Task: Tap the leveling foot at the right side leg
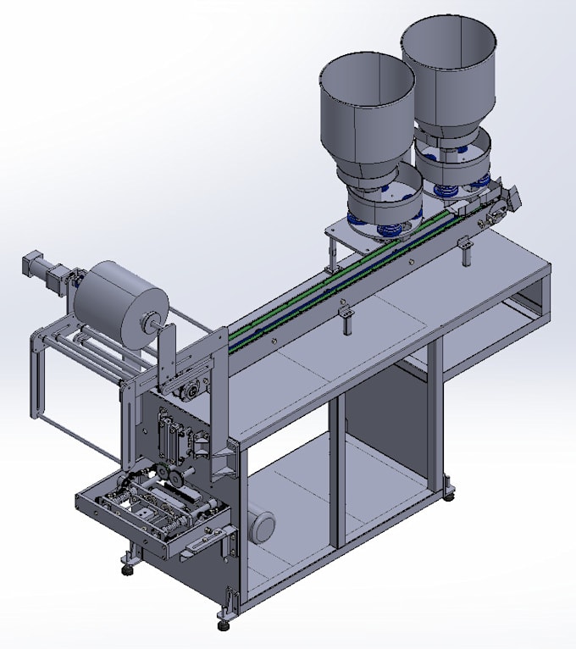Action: click(x=448, y=492)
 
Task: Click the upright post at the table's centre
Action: click(x=346, y=320)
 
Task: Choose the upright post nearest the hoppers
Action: click(x=466, y=252)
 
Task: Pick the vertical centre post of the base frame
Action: click(x=337, y=474)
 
